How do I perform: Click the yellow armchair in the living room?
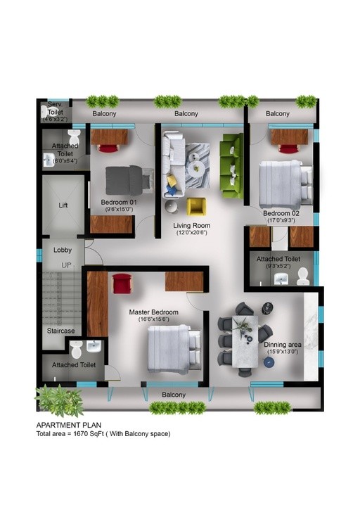pos(196,207)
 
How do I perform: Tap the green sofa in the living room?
pos(232,166)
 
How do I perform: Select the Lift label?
pos(63,205)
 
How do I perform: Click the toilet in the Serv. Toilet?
pos(44,112)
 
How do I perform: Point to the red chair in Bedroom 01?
pos(108,148)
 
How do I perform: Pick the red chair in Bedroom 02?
pos(289,148)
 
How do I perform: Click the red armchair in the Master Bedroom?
pos(122,283)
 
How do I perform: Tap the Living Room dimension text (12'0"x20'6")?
pos(191,233)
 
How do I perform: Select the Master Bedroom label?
pos(154,312)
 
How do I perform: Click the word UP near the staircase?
pos(66,265)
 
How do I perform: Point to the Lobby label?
pos(63,250)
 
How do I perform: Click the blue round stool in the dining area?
pos(269,362)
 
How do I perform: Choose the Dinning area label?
pos(282,345)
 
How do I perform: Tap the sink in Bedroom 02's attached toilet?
pos(281,279)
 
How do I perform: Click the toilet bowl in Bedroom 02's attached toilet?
pos(303,276)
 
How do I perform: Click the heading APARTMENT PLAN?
pos(69,425)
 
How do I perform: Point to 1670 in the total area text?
pos(81,433)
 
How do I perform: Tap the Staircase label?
pos(60,331)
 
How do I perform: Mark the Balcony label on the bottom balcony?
pos(174,395)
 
